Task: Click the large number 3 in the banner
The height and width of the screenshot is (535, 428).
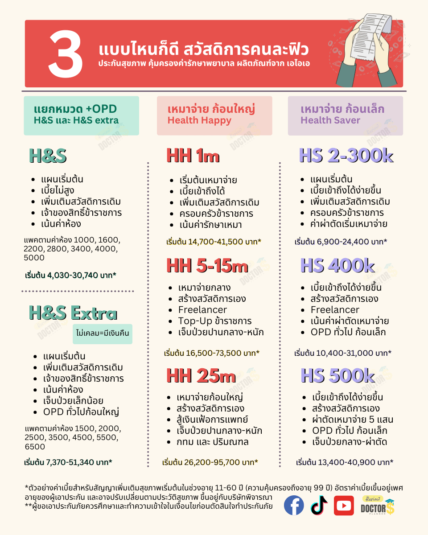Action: point(66,54)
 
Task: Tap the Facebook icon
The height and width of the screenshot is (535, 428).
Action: point(294,505)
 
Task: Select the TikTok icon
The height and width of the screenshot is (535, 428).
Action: point(319,505)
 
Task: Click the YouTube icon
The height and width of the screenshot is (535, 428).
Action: point(344,505)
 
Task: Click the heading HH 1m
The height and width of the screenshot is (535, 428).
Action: point(193,156)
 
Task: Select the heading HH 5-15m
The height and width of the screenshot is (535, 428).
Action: point(207,266)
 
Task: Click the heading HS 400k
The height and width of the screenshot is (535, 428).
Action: point(337,266)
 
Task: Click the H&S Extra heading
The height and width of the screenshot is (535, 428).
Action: point(73,313)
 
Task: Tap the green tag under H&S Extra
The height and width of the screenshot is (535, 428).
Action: point(103,333)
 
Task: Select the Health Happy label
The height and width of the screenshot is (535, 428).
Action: point(199,120)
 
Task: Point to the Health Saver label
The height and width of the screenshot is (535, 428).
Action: point(330,120)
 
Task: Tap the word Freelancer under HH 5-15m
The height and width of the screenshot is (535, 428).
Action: point(202,310)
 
